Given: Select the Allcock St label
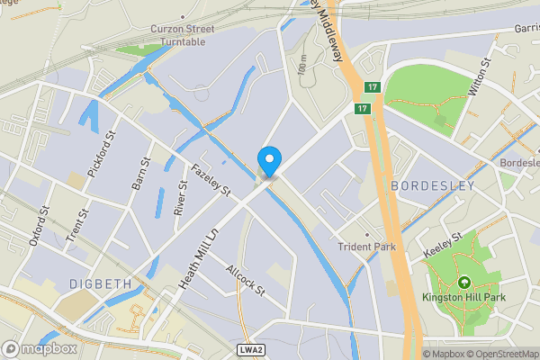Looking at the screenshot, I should coord(246,280).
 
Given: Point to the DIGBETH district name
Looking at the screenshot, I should coord(100,283).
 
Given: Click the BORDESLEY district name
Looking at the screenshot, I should coord(433,185).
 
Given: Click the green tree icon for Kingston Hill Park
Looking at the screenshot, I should coord(464,283).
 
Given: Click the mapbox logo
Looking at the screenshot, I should coord(40,348).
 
